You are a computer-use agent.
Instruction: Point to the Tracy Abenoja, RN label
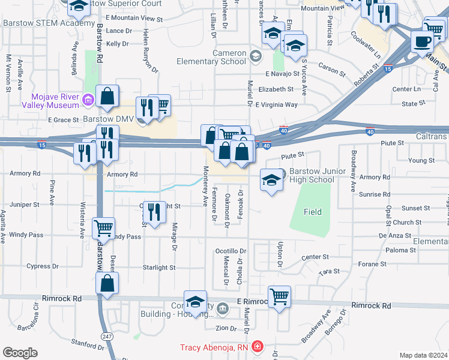[215, 347]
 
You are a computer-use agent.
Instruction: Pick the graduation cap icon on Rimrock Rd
[195, 302]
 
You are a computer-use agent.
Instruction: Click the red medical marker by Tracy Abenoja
[257, 347]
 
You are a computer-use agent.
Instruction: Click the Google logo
[20, 353]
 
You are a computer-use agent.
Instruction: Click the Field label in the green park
[312, 212]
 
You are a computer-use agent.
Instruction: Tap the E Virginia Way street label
[276, 104]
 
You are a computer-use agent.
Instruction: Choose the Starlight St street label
[158, 268]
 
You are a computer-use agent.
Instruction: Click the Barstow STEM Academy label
[40, 23]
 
